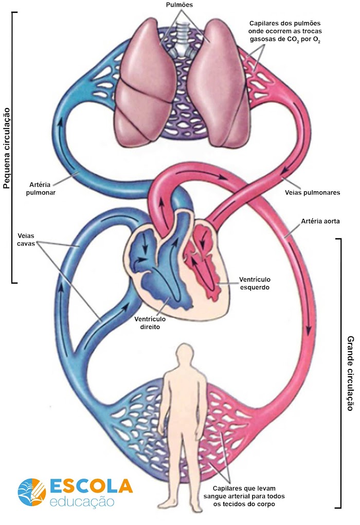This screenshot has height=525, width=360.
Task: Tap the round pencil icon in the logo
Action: tap(32, 492)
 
